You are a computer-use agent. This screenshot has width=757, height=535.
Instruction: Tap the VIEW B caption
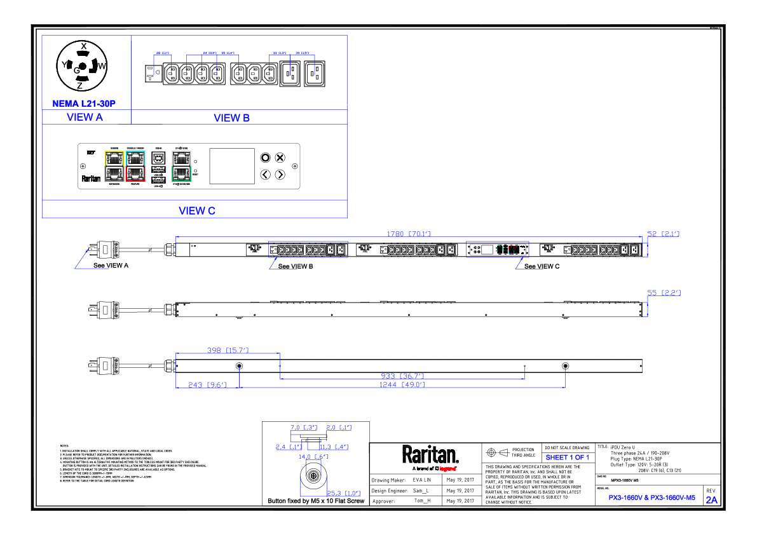pyautogui.click(x=231, y=118)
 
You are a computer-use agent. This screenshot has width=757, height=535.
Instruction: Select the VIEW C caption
pyautogui.click(x=197, y=210)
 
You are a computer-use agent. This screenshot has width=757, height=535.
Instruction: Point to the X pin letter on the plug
pyautogui.click(x=83, y=46)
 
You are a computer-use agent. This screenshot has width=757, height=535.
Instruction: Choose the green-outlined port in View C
pyautogui.click(x=181, y=173)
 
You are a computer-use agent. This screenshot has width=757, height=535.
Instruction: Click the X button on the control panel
pyautogui.click(x=280, y=158)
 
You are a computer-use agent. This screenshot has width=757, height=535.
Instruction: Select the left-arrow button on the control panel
pyautogui.click(x=266, y=174)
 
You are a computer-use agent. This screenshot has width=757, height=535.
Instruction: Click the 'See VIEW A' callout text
pyautogui.click(x=111, y=266)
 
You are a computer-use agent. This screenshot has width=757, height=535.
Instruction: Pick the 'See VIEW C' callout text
pyautogui.click(x=542, y=266)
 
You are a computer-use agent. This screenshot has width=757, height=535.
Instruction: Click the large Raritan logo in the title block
pyautogui.click(x=430, y=454)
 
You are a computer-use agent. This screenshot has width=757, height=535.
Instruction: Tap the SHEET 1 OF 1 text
pyautogui.click(x=568, y=457)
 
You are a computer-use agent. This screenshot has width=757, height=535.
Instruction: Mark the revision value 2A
pyautogui.click(x=711, y=500)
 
